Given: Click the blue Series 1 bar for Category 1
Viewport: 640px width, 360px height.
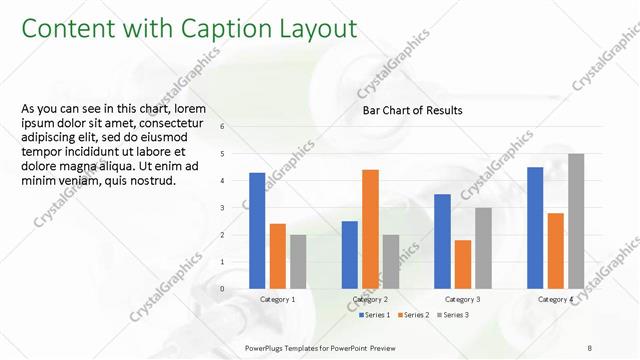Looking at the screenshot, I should pyautogui.click(x=257, y=231).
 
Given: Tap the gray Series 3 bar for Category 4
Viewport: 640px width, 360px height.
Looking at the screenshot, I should pyautogui.click(x=576, y=221).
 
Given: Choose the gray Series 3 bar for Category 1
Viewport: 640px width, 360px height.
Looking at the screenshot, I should pyautogui.click(x=298, y=262).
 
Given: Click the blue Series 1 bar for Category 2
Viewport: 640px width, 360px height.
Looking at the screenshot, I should pyautogui.click(x=350, y=255).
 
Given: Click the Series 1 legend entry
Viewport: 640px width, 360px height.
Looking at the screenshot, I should pyautogui.click(x=374, y=315).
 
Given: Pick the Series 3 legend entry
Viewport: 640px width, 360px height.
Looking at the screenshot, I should pyautogui.click(x=454, y=315).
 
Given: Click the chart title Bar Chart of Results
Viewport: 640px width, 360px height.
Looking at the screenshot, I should pyautogui.click(x=412, y=111).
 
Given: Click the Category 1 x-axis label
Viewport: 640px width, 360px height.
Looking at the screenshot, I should pyautogui.click(x=277, y=299).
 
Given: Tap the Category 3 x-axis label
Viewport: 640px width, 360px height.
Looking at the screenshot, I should pyautogui.click(x=462, y=299).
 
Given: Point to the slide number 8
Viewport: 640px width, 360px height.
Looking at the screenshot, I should pyautogui.click(x=590, y=347).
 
